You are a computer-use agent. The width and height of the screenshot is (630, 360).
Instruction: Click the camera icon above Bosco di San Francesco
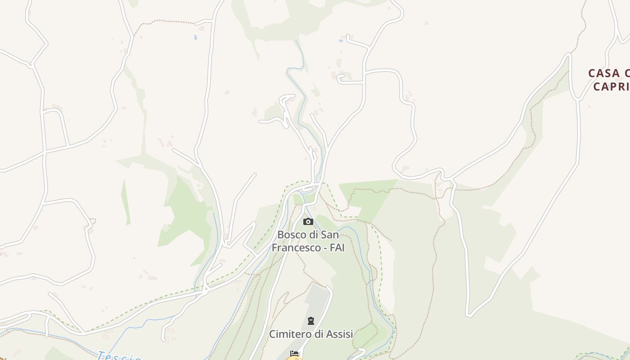point(308,221)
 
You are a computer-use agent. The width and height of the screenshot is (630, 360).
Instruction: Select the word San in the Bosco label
point(330,235)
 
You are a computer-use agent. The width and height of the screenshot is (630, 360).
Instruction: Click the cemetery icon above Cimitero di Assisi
point(310,321)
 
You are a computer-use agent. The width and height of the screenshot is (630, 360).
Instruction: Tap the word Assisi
point(339,334)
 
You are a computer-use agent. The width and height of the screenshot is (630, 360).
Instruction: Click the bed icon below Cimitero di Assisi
point(294,354)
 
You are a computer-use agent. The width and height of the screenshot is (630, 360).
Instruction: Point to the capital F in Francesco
point(274,247)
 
